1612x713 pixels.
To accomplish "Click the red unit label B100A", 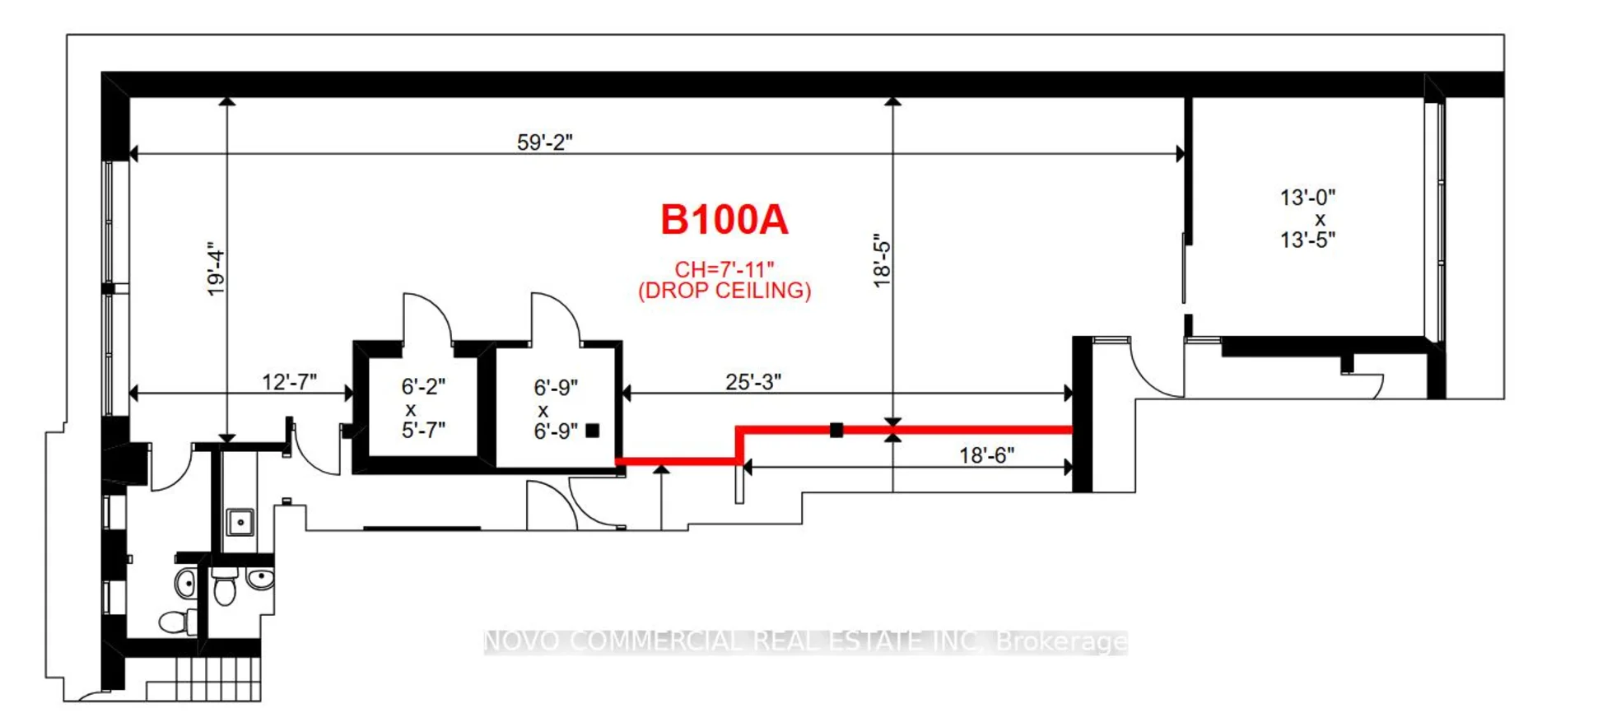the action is tap(724, 220).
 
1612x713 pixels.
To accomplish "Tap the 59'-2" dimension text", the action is tap(544, 142).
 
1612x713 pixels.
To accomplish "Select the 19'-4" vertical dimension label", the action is tap(216, 268).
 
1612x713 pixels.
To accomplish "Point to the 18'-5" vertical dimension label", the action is tap(882, 261).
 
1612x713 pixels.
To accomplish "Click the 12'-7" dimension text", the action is tap(289, 382).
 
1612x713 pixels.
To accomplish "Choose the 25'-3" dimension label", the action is tap(752, 382).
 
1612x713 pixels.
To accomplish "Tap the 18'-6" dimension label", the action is tap(986, 455).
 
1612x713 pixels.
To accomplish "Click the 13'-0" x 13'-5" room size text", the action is tap(1307, 219).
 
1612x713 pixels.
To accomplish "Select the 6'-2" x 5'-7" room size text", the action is tap(423, 408).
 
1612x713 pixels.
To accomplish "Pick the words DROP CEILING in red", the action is tap(724, 291).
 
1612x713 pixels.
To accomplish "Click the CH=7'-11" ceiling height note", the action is tap(724, 269).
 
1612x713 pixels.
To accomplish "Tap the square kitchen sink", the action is tap(240, 522).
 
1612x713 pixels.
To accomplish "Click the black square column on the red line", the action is tap(836, 430).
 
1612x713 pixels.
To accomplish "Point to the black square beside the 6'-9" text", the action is tap(593, 431).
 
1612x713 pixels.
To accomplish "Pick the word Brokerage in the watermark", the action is tap(1061, 642).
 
